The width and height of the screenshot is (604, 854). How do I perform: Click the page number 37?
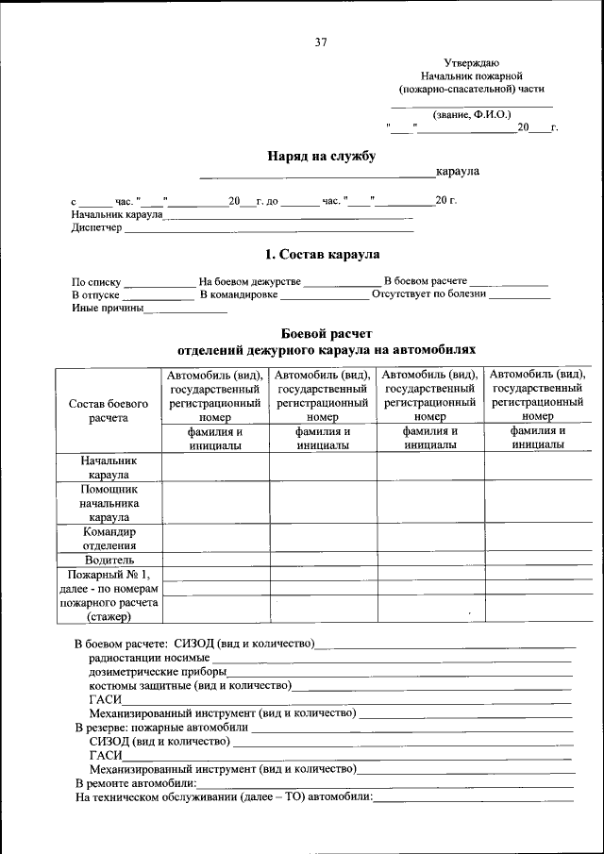320,42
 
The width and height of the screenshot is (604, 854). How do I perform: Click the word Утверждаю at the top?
472,61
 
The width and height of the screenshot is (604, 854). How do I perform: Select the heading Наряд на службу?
322,156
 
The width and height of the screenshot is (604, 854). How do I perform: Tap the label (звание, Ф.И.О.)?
472,114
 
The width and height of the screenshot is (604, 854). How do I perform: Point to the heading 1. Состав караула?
322,254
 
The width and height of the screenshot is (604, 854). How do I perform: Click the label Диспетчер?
96,228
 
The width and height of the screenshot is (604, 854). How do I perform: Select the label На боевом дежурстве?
249,281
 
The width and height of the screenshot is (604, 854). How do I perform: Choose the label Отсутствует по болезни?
428,293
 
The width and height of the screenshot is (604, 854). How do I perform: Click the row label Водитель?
109,560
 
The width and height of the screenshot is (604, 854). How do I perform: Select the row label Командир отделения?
109,538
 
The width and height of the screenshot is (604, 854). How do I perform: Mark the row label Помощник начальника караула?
109,504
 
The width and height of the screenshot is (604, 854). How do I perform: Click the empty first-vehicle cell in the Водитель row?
215,560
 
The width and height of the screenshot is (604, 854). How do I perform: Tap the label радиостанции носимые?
149,657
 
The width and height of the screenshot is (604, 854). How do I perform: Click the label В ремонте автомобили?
136,783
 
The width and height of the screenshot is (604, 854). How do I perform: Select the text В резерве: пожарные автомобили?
161,728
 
